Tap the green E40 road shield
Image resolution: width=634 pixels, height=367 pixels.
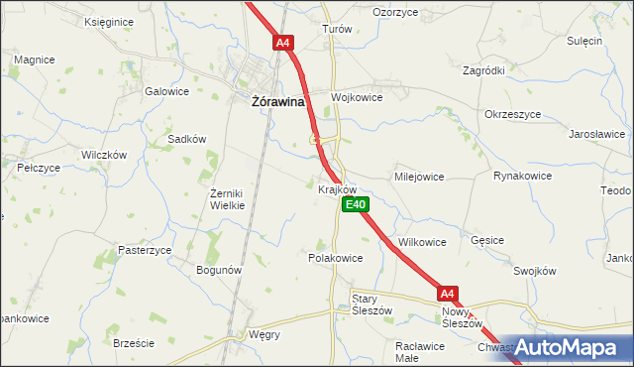tap(356, 204)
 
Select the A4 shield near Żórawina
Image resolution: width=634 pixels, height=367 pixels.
tap(283, 43)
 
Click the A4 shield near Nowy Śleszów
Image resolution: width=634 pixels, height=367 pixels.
tap(448, 294)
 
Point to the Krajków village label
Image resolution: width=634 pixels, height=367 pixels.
tap(338, 187)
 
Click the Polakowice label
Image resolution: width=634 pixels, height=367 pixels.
tap(336, 257)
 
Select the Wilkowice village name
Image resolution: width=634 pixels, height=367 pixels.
tap(422, 241)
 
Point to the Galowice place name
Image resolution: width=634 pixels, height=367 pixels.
tap(166, 91)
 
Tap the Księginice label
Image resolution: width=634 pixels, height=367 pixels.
tap(109, 21)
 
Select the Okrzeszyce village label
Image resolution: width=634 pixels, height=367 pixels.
tap(513, 114)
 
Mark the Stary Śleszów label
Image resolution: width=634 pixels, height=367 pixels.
tap(372, 304)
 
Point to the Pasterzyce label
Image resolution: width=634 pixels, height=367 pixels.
tap(146, 250)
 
